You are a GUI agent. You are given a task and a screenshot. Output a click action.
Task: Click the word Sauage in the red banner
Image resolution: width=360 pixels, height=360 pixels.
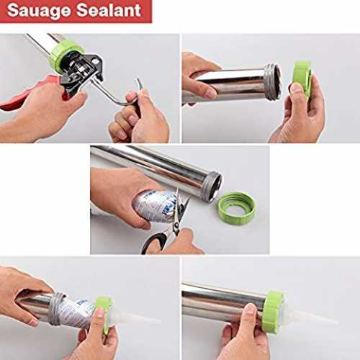(x=39, y=11)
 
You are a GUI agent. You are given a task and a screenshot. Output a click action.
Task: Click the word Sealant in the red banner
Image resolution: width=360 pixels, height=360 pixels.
(x=109, y=10)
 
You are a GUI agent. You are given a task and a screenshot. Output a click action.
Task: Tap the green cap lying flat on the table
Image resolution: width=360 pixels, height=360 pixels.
(x=236, y=208)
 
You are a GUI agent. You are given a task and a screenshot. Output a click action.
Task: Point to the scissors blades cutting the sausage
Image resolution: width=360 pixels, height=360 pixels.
(x=181, y=207)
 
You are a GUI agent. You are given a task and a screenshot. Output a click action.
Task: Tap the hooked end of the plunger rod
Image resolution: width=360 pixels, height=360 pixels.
(x=140, y=83)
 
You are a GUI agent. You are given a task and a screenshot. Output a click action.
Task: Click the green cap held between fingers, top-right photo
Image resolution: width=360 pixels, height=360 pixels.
(x=303, y=78)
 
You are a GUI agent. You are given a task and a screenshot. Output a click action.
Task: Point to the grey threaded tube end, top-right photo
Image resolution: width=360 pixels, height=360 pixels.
(x=273, y=81)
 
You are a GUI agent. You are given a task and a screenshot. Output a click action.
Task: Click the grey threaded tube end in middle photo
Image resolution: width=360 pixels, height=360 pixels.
(x=211, y=186)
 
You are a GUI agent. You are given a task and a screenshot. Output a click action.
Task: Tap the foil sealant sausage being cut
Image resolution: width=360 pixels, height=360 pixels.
(x=153, y=206)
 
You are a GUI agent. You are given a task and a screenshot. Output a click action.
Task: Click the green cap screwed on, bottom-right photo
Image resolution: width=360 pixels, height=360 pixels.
(x=273, y=312)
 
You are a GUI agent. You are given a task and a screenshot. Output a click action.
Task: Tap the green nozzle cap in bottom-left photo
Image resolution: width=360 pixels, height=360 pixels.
(x=104, y=312)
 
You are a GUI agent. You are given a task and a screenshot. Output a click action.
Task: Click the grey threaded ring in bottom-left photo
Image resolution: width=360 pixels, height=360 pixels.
(x=55, y=309)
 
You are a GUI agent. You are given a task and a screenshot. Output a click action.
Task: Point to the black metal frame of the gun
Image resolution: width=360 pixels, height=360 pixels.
(x=83, y=72)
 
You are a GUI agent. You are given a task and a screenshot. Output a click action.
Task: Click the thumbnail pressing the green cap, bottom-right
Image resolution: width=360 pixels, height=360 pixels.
(x=250, y=309)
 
